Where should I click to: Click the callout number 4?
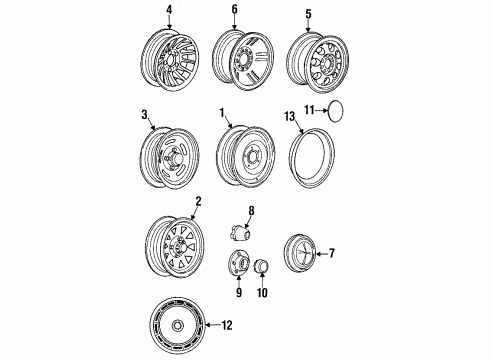coord(169,11)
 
